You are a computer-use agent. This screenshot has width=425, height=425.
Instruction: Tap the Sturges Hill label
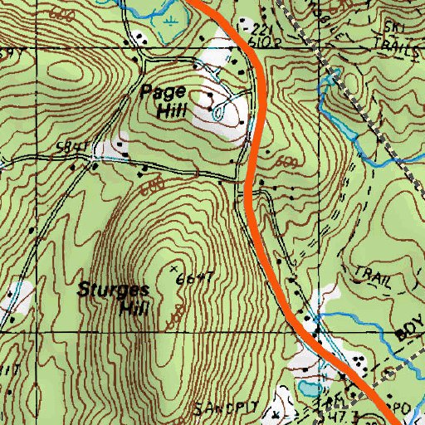coord(114,300)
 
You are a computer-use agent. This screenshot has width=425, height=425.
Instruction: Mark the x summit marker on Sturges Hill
coord(173,271)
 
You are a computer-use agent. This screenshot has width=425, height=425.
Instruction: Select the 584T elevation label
coord(73,147)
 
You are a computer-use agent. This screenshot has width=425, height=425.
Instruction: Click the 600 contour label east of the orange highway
coord(287,161)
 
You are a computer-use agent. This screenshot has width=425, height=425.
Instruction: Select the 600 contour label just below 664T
coord(177,316)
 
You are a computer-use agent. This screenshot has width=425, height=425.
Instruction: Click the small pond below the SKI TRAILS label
coord(335,78)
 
